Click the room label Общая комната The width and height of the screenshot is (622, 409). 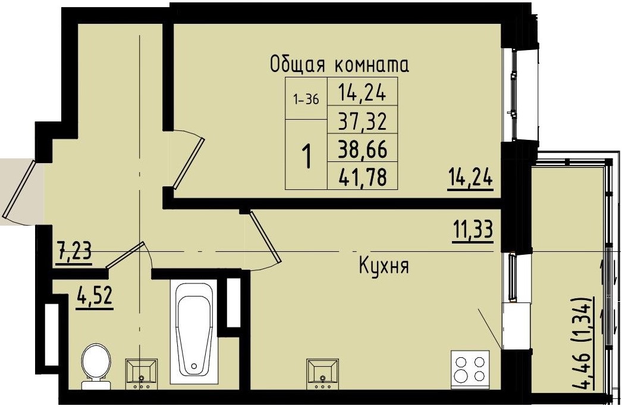tap(340, 64)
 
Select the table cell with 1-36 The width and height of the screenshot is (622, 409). tap(306, 100)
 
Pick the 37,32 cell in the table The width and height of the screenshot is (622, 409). tap(362, 123)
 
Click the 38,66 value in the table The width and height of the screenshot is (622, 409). tap(362, 149)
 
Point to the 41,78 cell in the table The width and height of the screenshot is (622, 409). tap(362, 176)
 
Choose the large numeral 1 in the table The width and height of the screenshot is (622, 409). tap(307, 157)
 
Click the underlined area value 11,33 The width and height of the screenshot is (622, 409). tap(473, 229)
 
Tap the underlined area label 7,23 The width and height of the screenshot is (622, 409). tap(74, 251)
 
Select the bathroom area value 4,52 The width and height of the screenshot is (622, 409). tap(95, 295)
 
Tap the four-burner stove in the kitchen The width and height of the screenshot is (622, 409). tap(470, 367)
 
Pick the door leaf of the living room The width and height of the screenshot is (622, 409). tap(189, 163)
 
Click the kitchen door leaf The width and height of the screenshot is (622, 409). tap(265, 236)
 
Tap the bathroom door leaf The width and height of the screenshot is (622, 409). tap(125, 256)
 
